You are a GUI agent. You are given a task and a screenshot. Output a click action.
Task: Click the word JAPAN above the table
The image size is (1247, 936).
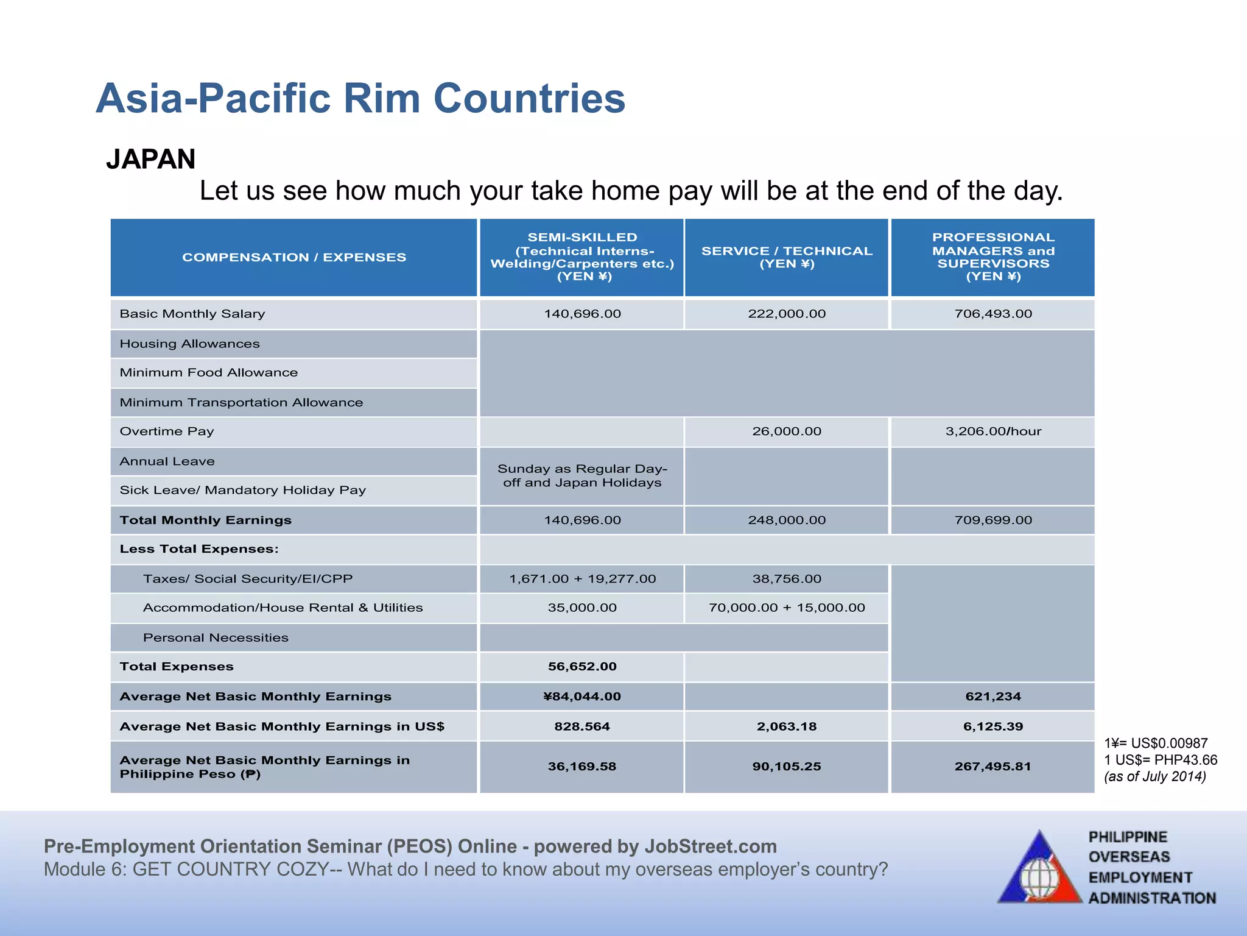150,160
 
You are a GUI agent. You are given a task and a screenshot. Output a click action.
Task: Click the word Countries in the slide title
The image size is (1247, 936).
529,98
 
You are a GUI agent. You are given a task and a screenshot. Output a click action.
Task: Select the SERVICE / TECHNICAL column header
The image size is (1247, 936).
786,257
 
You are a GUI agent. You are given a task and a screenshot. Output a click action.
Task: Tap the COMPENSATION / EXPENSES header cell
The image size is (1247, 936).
293,257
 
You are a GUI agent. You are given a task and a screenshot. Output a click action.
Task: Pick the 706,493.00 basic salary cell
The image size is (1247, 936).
992,314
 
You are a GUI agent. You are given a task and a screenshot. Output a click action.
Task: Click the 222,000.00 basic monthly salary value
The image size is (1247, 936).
786,314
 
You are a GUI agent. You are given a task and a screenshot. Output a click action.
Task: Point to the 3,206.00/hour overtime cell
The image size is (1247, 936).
992,431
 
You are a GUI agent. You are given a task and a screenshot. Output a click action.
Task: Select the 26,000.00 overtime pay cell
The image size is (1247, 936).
786,431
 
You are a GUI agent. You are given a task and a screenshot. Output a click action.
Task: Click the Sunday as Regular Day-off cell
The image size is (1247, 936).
581,476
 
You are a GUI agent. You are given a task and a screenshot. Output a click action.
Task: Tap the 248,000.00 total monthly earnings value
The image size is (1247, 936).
786,520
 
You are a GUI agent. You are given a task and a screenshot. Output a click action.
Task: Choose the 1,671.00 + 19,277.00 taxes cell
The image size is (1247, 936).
581,579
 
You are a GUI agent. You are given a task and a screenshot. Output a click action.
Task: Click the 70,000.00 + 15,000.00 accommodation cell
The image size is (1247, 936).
786,608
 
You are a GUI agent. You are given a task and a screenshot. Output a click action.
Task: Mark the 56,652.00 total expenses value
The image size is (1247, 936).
581,667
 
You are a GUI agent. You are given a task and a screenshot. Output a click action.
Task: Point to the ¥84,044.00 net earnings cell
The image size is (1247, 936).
581,697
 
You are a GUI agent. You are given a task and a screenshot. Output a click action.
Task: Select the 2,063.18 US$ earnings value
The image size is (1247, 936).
786,726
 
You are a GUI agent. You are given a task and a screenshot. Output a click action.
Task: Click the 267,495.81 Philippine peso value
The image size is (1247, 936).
992,767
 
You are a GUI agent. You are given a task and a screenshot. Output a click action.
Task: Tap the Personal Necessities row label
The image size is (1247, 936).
216,637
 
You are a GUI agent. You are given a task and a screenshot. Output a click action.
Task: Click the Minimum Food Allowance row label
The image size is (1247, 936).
208,372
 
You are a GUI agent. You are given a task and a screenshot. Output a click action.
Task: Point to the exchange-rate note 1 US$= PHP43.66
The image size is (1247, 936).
1160,760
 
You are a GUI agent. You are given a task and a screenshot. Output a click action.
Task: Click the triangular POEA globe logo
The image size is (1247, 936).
1039,868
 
